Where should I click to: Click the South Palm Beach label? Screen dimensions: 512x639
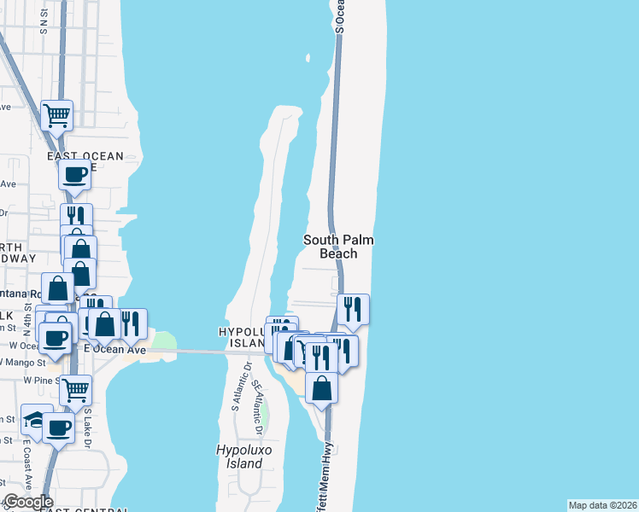pyautogui.click(x=338, y=247)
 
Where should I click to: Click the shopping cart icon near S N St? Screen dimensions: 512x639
pyautogui.click(x=56, y=115)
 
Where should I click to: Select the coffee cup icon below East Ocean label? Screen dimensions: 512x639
pyautogui.click(x=74, y=175)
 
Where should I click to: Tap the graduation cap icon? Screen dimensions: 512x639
pyautogui.click(x=35, y=419)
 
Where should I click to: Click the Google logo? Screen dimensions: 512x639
pyautogui.click(x=27, y=502)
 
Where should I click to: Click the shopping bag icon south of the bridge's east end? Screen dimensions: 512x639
pyautogui.click(x=321, y=388)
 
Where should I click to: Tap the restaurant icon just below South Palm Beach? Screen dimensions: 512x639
pyautogui.click(x=353, y=309)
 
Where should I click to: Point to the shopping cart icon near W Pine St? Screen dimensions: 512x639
pyautogui.click(x=76, y=390)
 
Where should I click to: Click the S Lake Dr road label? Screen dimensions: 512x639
pyautogui.click(x=87, y=426)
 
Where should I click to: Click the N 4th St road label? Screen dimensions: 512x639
pyautogui.click(x=27, y=323)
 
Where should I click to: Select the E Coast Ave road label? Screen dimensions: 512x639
pyautogui.click(x=26, y=465)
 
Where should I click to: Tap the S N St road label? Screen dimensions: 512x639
pyautogui.click(x=44, y=21)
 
